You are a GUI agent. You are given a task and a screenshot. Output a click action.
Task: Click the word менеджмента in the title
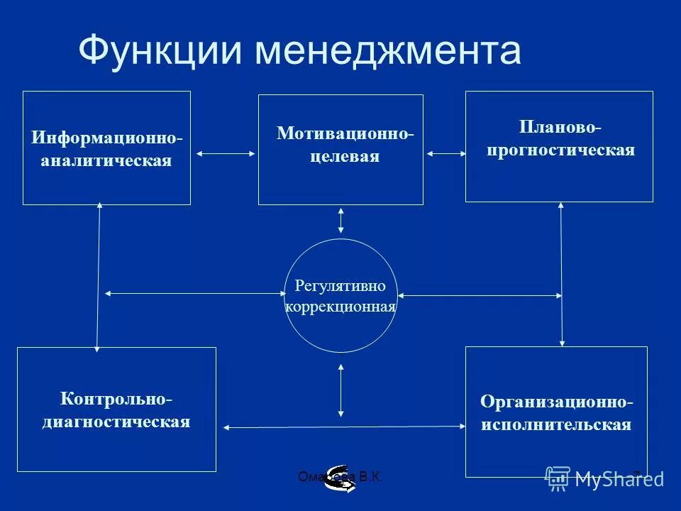[388, 51]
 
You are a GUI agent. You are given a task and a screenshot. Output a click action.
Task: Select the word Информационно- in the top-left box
[106, 137]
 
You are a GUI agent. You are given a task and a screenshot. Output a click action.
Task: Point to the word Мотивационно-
[345, 133]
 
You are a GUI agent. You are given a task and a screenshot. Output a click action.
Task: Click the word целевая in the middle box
[345, 156]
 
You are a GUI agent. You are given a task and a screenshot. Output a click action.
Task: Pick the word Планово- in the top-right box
[560, 127]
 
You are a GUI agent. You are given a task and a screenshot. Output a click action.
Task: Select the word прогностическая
[560, 150]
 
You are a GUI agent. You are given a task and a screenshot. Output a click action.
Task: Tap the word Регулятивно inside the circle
[340, 286]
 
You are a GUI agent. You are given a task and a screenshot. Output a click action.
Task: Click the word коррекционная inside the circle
[340, 307]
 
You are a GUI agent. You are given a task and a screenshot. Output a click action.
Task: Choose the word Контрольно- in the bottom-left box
[116, 399]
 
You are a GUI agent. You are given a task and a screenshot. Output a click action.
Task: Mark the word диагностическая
[116, 422]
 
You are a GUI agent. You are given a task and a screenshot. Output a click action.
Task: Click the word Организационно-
[557, 402]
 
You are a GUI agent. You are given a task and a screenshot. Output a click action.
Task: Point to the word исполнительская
[557, 425]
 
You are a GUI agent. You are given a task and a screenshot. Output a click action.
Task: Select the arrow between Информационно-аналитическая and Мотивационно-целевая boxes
[225, 153]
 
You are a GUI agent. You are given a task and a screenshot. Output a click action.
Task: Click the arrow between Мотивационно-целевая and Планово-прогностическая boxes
[444, 152]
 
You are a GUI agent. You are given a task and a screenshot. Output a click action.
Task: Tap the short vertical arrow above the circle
[341, 220]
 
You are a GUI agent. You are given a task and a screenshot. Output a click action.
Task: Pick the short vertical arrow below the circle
[341, 390]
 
